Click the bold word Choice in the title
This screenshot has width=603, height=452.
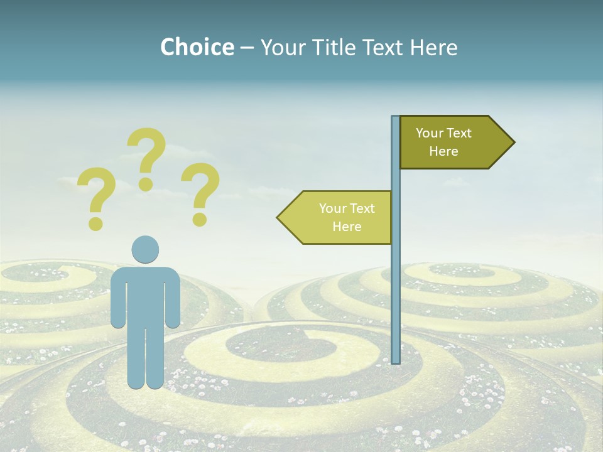[x=197, y=47]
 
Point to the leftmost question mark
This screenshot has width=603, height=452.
[x=96, y=196]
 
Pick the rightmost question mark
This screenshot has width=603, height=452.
[x=200, y=192]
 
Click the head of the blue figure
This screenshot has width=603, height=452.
[x=145, y=249]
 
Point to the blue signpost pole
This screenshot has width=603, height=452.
[x=396, y=282]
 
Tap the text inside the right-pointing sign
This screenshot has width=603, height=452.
[x=443, y=142]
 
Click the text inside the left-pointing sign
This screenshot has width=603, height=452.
[x=347, y=217]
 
